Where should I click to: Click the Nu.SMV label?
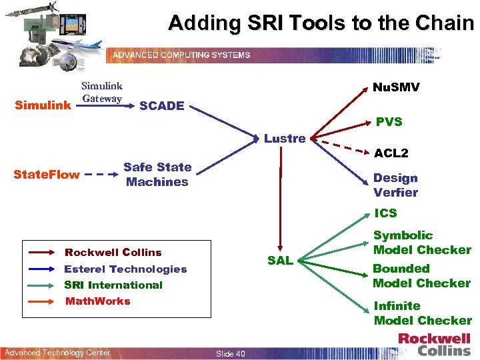point(396,88)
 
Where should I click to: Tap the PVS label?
point(389,121)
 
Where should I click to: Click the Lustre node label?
point(285,139)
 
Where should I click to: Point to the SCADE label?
point(162,105)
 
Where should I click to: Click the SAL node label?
point(280,261)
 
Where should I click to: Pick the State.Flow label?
point(47,175)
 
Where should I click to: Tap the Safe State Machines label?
point(157,174)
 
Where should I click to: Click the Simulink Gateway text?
point(101,92)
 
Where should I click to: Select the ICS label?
point(385,213)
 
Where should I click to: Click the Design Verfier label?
point(395,185)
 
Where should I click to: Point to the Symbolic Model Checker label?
point(422,243)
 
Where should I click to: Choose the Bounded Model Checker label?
point(421,276)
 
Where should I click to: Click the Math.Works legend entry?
point(98,301)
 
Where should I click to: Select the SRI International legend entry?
point(113,285)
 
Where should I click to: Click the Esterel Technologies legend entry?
point(125,269)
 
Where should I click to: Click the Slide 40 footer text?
point(231,353)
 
